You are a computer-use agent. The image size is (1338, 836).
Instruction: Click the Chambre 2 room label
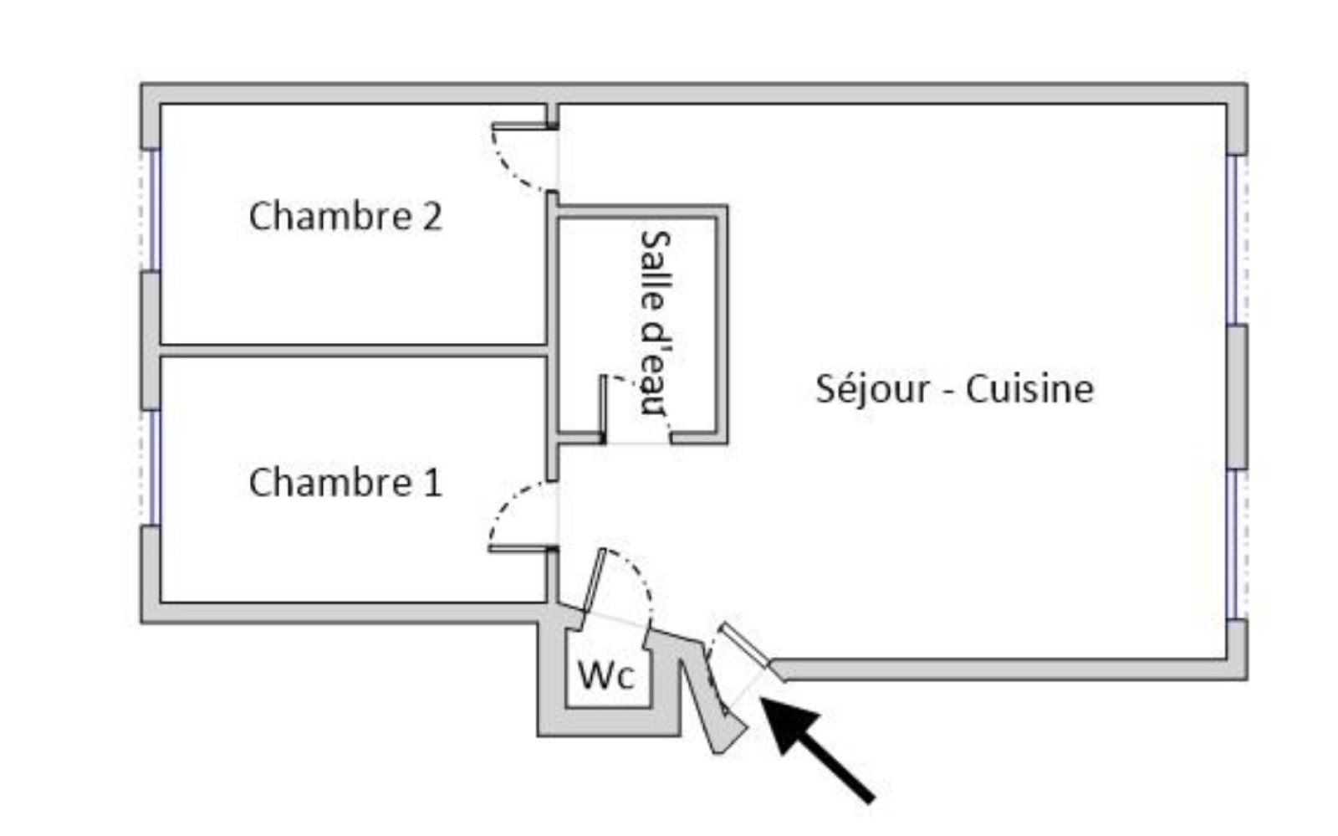[345, 216]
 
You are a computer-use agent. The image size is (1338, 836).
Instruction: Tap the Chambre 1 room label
[345, 482]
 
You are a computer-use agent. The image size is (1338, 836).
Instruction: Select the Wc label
[606, 675]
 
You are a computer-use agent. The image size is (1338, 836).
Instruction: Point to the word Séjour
[871, 389]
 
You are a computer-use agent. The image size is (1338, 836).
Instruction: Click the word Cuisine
[1029, 389]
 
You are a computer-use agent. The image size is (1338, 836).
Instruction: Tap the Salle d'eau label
[655, 322]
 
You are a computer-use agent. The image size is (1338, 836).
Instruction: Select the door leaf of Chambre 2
[523, 126]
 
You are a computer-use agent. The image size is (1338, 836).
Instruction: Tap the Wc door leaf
[595, 581]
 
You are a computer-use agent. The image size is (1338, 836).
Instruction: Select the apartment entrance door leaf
[744, 644]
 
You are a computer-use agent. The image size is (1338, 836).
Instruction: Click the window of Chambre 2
[154, 209]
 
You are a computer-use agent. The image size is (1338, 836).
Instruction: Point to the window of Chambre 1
[154, 466]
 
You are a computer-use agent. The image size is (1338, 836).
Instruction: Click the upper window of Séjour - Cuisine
[1233, 239]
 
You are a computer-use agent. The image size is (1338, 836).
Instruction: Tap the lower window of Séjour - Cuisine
[1233, 544]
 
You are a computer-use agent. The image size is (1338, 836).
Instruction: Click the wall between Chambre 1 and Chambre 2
[351, 351]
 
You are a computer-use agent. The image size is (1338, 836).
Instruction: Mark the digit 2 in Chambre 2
[430, 216]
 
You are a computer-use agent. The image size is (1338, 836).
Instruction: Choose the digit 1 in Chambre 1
[432, 482]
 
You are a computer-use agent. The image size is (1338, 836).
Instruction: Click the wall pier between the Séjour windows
[1236, 397]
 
